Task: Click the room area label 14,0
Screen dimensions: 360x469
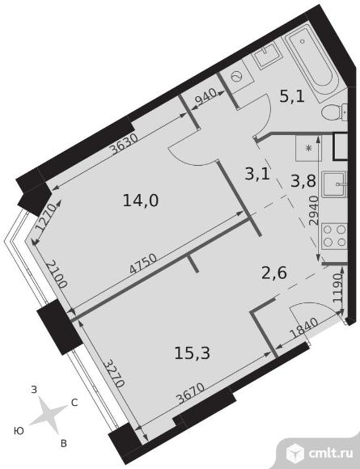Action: pos(141,200)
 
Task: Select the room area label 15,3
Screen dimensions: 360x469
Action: pos(193,353)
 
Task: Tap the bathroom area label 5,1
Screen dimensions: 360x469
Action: pos(292,96)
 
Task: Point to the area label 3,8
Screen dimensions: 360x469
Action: pos(303,181)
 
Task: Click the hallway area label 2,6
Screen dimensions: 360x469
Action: pos(274,273)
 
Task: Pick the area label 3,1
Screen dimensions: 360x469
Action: pos(257,174)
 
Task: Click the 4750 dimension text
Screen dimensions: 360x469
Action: pos(143,264)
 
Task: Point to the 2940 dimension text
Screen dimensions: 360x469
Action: pos(313,210)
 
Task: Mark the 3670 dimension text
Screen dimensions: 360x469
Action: pos(190,394)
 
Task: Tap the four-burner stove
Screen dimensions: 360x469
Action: pos(334,236)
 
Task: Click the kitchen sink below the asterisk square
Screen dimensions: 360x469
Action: pos(334,184)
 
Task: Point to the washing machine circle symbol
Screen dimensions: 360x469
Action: pos(237,77)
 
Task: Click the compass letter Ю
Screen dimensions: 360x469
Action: pos(19,431)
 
